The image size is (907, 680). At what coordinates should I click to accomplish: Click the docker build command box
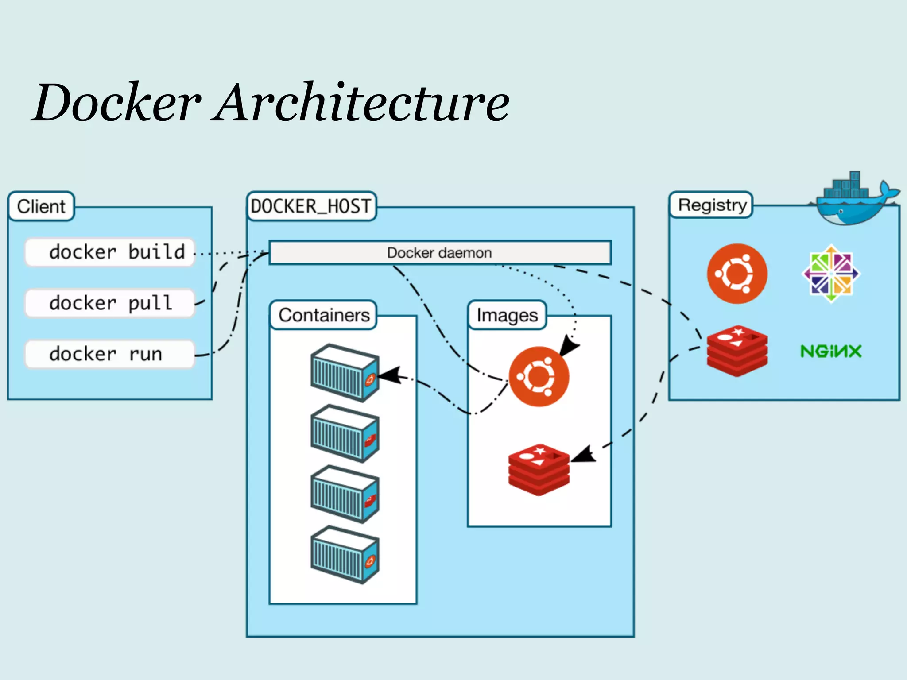click(x=109, y=252)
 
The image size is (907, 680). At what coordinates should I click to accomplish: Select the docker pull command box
click(x=109, y=303)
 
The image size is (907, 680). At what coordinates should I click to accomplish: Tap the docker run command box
click(x=109, y=354)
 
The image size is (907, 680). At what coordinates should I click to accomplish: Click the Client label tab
click(x=41, y=206)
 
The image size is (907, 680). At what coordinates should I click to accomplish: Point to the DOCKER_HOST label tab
click(x=311, y=206)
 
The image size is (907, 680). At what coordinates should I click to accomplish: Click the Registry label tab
click(x=712, y=205)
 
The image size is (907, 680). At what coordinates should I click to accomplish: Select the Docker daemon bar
click(x=440, y=253)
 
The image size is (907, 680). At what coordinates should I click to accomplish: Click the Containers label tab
click(x=324, y=315)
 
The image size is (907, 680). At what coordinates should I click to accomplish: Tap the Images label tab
click(x=507, y=315)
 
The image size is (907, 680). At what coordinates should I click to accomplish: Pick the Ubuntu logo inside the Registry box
click(x=737, y=274)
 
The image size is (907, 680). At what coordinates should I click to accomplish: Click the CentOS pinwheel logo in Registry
click(x=831, y=274)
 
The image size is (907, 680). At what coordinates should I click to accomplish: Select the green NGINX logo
click(x=831, y=352)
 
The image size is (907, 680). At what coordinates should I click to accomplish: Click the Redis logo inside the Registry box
click(x=737, y=352)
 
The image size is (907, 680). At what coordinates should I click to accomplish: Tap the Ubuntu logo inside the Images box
click(x=539, y=377)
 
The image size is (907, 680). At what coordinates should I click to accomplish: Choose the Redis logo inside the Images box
click(x=539, y=470)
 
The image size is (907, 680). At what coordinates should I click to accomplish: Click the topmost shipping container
click(x=345, y=373)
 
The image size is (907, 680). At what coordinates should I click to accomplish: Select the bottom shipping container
click(x=345, y=555)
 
